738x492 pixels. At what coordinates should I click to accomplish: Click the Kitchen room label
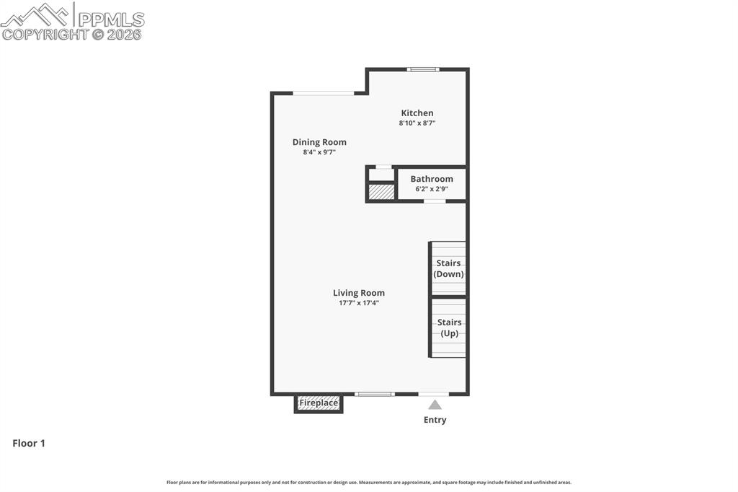click(417, 113)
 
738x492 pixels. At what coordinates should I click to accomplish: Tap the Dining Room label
click(319, 142)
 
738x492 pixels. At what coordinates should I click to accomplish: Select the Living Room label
click(359, 292)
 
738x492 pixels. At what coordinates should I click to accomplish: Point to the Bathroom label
click(432, 179)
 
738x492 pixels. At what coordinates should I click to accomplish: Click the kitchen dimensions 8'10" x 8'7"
click(417, 123)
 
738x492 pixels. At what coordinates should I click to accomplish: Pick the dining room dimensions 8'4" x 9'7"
click(319, 152)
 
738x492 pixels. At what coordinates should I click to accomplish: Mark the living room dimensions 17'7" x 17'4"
click(359, 303)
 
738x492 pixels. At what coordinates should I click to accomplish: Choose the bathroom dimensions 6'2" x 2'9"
click(432, 189)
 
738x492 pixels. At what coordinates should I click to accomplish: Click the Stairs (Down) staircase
click(448, 268)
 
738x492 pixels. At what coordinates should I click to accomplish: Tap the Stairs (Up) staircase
click(449, 328)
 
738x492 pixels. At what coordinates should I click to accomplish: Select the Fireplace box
click(319, 403)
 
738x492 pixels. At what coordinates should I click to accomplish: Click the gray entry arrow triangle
click(435, 405)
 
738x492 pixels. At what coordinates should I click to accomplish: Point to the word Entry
click(435, 420)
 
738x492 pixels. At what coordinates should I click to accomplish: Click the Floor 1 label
click(29, 443)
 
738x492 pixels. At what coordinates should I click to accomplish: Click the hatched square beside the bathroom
click(381, 192)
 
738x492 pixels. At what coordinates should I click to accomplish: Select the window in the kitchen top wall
click(423, 69)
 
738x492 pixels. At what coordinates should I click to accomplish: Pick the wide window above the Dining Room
click(324, 93)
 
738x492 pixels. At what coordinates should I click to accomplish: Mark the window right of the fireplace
click(375, 394)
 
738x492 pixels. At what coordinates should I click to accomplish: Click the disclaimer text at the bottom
click(369, 482)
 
